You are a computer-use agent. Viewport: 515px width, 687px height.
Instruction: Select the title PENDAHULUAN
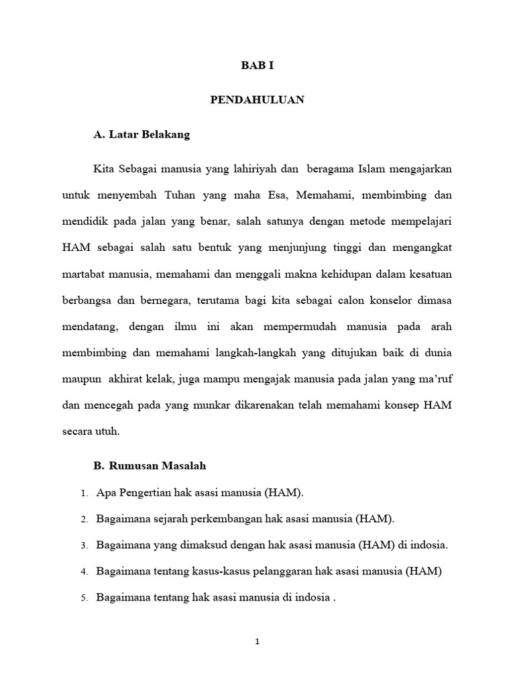(257, 100)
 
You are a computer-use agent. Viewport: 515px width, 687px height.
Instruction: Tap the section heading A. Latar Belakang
(141, 135)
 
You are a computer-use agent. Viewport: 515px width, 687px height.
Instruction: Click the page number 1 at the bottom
(257, 641)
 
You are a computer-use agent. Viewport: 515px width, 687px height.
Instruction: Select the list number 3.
(84, 546)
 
